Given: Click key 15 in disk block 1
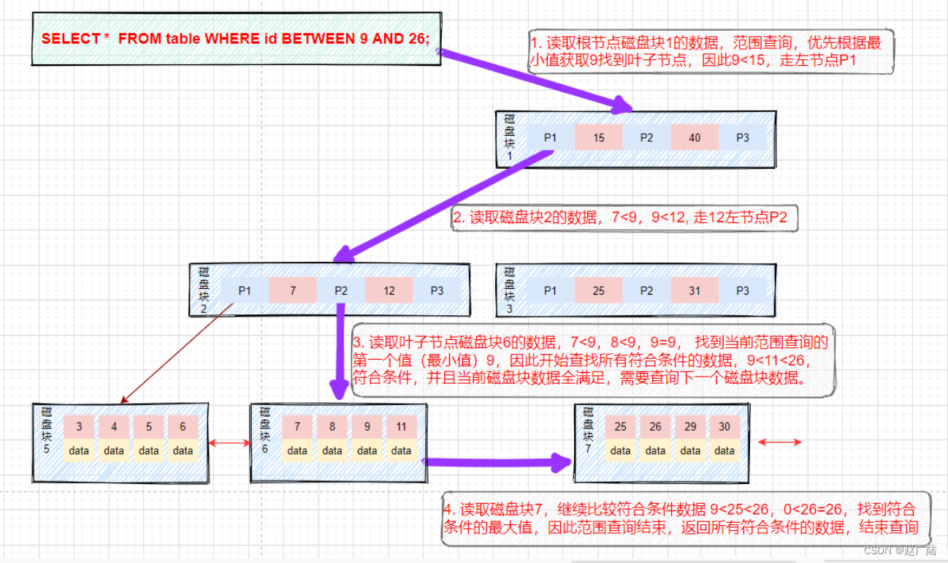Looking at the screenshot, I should [598, 137].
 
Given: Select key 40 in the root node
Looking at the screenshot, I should [694, 137].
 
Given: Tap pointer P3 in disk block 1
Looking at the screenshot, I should [742, 137].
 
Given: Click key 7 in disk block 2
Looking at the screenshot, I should [292, 290].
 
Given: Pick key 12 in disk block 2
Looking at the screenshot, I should [389, 290].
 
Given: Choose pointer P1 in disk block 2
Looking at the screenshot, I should [244, 290].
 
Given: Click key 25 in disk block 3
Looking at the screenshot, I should [598, 290].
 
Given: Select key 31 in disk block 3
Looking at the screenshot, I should [694, 290].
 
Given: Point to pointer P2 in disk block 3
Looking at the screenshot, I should [646, 290].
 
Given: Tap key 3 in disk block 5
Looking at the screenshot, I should [79, 427].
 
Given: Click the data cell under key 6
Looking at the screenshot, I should [183, 450].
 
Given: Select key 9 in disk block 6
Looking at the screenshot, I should [367, 427].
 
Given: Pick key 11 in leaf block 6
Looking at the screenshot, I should [401, 427].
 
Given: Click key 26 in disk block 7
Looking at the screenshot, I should [655, 427].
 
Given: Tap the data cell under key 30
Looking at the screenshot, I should [725, 450].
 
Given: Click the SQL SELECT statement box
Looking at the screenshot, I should [236, 39].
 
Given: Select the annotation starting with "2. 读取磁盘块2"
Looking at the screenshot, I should [625, 217].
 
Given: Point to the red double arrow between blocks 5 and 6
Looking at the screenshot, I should [229, 442].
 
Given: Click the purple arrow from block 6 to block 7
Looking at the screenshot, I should [497, 461].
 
